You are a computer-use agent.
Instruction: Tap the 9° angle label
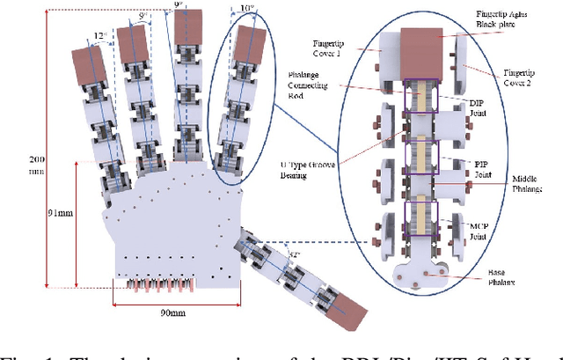179,5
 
